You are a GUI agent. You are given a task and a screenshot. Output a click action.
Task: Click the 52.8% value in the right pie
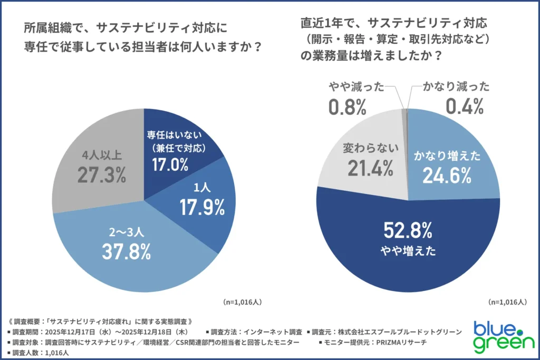[x=409, y=231]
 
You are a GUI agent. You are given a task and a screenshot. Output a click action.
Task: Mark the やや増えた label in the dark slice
[x=409, y=251]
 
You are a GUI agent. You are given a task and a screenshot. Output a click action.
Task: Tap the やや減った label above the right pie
[x=356, y=87]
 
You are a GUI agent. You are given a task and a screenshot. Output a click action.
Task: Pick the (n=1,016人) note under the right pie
[x=507, y=302]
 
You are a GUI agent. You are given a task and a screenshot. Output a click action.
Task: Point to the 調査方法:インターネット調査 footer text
[x=256, y=332]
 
